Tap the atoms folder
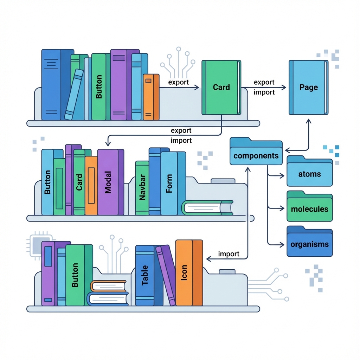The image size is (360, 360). coord(309,173)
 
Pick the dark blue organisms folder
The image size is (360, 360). coord(309,243)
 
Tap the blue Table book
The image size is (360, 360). coord(144,276)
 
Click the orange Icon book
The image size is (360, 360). coord(184,272)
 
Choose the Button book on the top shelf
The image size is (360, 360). coord(98,87)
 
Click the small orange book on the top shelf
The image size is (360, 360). coord(148,97)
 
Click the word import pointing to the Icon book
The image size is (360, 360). coord(229,254)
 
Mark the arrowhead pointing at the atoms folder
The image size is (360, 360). coord(282,174)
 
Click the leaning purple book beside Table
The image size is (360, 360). coord(166,274)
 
